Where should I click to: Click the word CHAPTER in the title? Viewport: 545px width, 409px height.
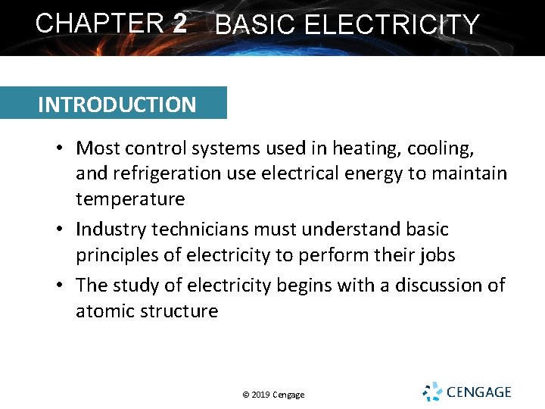99,23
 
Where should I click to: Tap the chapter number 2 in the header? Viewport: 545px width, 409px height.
179,23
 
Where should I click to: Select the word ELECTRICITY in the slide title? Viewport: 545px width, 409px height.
391,26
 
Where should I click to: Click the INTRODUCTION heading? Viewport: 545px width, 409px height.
117,105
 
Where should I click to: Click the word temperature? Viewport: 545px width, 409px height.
129,199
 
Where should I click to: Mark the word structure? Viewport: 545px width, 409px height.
183,311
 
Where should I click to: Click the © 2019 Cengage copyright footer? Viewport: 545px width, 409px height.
273,395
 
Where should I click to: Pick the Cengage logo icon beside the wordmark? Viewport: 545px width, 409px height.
432,392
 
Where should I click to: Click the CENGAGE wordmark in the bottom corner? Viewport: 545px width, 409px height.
478,392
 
